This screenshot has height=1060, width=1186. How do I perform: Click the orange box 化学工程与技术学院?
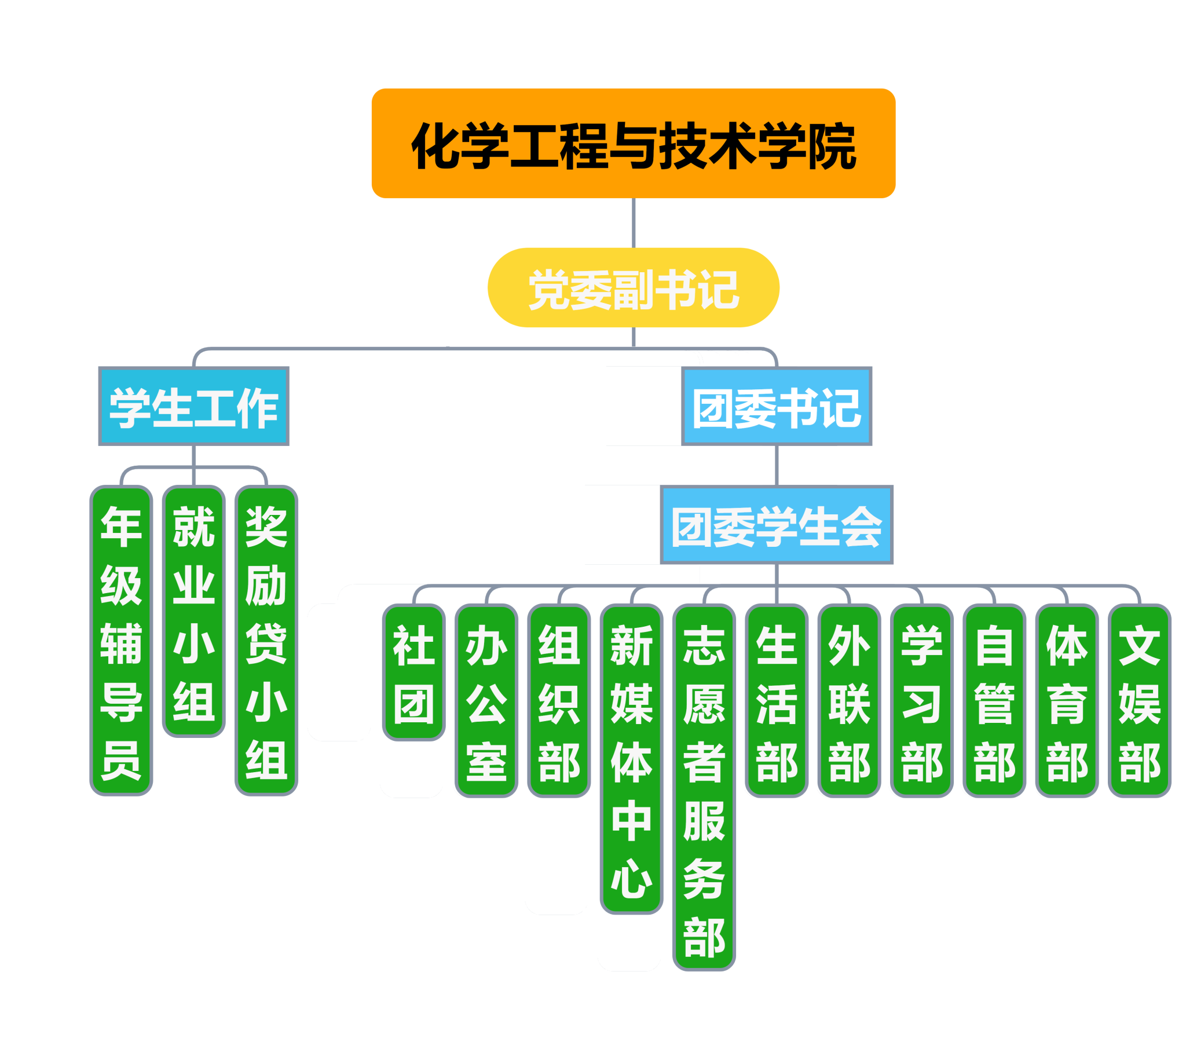[633, 143]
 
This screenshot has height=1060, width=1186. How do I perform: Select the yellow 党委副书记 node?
[633, 288]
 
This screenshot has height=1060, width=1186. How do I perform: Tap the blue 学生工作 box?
[194, 407]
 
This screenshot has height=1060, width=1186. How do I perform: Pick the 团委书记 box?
[777, 407]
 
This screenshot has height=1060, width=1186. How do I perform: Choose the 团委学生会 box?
[777, 525]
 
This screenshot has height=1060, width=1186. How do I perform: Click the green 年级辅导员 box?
[121, 641]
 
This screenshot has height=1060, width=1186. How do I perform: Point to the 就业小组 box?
[194, 612]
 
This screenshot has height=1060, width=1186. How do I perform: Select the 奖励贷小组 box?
[266, 641]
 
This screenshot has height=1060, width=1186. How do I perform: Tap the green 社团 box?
[413, 672]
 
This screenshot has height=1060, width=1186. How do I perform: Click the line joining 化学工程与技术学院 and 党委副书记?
[634, 223]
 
